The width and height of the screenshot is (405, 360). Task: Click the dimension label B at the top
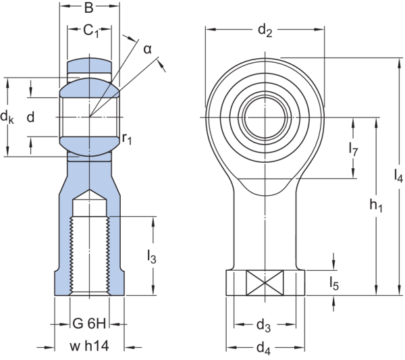(x=89, y=9)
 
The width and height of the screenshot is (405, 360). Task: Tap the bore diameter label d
(x=29, y=118)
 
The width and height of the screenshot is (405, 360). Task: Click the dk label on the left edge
(x=7, y=118)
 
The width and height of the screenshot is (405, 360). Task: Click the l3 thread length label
(x=152, y=257)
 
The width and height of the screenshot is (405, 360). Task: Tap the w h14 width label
(x=89, y=347)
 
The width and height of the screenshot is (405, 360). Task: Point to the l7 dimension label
(x=352, y=149)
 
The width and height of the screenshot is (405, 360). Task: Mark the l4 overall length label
(x=398, y=176)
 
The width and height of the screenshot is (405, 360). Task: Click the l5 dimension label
(x=334, y=283)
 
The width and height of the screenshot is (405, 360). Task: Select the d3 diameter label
(x=264, y=326)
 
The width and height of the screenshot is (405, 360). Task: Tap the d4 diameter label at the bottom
(x=264, y=349)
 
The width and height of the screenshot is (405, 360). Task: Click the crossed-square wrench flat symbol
(x=264, y=282)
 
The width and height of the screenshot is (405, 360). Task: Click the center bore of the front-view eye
(x=264, y=115)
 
